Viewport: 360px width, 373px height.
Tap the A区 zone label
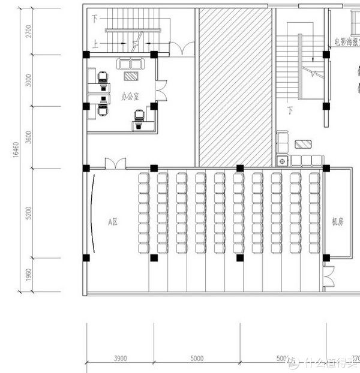[112, 222]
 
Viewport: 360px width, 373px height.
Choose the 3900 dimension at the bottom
[120, 359]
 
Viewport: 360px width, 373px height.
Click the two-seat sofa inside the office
[130, 64]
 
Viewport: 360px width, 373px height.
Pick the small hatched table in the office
[130, 76]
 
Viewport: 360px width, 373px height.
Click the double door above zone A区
[115, 163]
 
